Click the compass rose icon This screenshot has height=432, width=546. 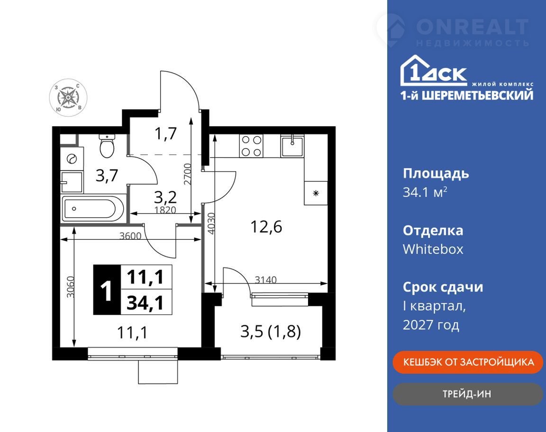click(68, 97)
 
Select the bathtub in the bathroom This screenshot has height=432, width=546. click(93, 209)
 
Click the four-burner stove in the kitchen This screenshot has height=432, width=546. click(251, 146)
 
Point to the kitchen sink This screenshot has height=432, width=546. click(292, 146)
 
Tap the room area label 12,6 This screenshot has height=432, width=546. click(266, 227)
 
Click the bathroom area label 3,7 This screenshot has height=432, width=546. click(107, 175)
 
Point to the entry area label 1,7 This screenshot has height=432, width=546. click(166, 133)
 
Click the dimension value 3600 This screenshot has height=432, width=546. click(130, 235)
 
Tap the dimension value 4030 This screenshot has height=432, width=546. click(211, 224)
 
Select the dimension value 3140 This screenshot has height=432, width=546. click(266, 279)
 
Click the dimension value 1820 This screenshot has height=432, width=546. click(165, 210)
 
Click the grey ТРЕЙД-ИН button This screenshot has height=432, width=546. click(467, 394)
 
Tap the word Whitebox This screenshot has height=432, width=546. click(433, 249)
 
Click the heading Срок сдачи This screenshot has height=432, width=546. click(443, 287)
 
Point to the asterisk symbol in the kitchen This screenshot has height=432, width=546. click(316, 193)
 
